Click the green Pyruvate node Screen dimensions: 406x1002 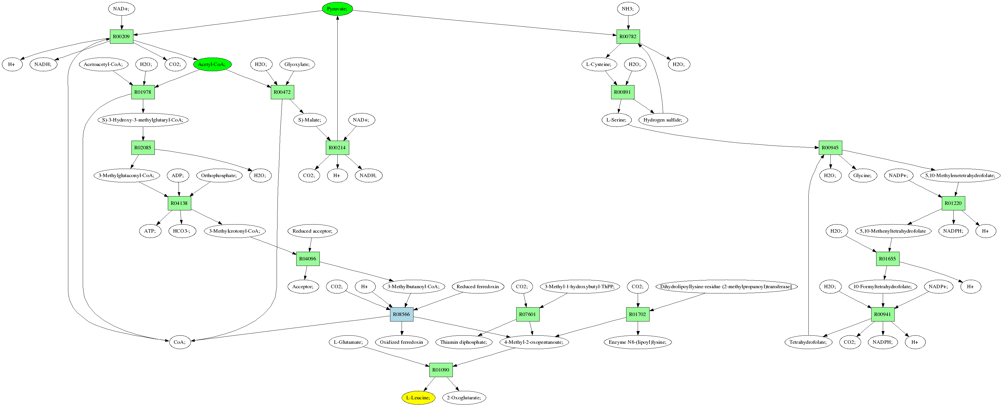coord(337,9)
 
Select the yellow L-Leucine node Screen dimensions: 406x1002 coord(418,397)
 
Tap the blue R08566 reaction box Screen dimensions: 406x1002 coord(401,314)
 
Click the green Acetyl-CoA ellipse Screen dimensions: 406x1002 coord(212,64)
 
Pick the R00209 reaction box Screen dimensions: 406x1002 coord(121,36)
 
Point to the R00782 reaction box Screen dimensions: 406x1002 coord(628,36)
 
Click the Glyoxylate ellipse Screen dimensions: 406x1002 coord(297,64)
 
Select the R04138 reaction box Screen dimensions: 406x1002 coord(179,203)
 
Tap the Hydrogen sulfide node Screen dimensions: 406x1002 coord(663,120)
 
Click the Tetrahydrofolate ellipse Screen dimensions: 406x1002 coord(808,342)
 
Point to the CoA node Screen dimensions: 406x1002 coord(180,342)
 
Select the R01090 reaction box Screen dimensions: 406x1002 coord(441,370)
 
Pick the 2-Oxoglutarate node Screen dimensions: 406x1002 coord(464,397)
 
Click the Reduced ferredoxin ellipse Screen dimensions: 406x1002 coord(477,286)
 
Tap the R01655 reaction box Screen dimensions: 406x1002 coord(887,259)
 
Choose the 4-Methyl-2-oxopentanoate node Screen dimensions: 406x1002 coord(534,342)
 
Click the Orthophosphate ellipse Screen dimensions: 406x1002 coord(219,175)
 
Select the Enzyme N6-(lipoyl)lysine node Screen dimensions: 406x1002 coord(637,342)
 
